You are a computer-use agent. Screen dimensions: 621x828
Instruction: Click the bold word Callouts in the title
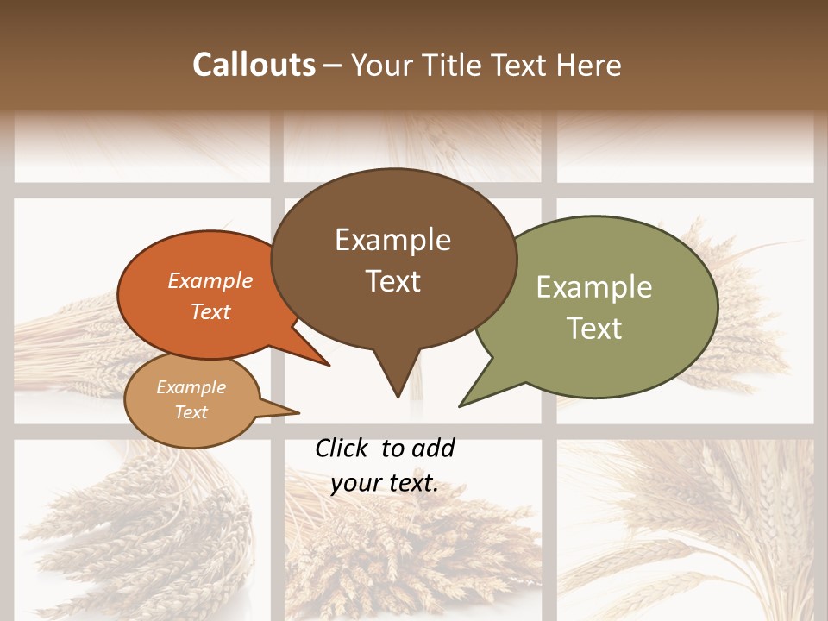click(x=254, y=65)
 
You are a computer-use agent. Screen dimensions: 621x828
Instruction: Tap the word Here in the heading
click(x=591, y=65)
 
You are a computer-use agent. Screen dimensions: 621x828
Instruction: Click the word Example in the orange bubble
click(x=210, y=280)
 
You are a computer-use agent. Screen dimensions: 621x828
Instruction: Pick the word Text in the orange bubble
click(x=210, y=311)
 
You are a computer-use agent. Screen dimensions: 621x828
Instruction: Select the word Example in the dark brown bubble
click(x=392, y=240)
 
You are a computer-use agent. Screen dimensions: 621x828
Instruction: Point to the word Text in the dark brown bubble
click(x=392, y=281)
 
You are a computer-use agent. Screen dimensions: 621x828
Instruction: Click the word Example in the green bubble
click(x=594, y=287)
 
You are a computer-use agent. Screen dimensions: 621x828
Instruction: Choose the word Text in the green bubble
click(x=594, y=329)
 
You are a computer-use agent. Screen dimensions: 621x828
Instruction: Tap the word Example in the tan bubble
click(x=191, y=387)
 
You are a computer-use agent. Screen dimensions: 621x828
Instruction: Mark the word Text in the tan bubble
click(x=191, y=412)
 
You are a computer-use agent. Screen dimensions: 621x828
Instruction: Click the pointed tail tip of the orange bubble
click(x=329, y=366)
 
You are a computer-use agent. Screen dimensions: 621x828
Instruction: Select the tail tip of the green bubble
click(x=460, y=406)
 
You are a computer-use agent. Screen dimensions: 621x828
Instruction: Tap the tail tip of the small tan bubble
click(x=298, y=412)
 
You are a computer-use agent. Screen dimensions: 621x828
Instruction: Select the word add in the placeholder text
click(x=432, y=448)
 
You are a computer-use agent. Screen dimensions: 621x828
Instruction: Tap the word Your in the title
click(x=382, y=65)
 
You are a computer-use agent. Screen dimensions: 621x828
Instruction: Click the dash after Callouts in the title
click(x=334, y=66)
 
